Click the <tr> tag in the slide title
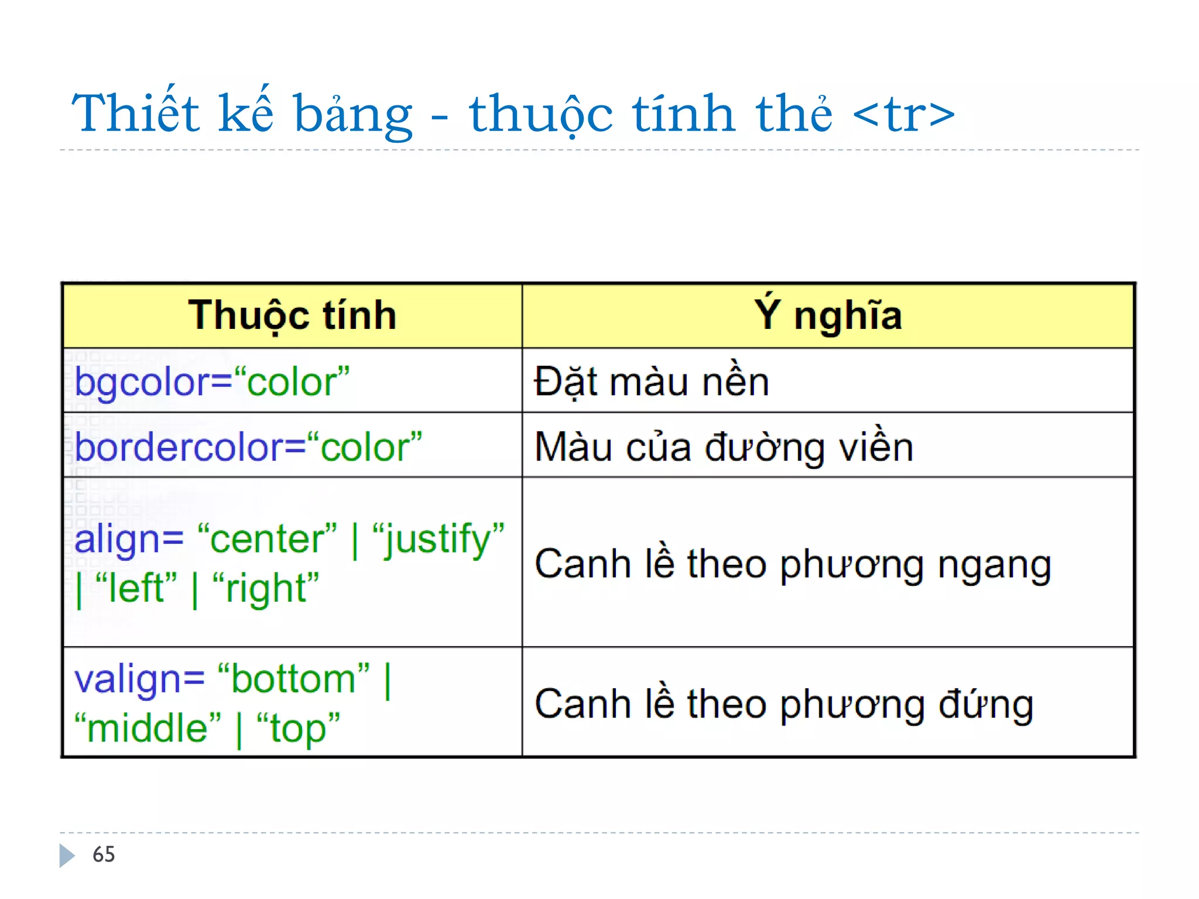click(x=904, y=114)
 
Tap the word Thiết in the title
click(x=135, y=113)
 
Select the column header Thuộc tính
click(x=292, y=316)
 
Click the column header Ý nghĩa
click(x=828, y=316)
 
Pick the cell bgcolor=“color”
click(x=212, y=382)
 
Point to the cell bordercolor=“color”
click(x=248, y=448)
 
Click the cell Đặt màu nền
click(x=651, y=382)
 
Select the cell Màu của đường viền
click(x=724, y=448)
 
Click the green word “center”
click(x=268, y=539)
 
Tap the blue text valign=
click(x=139, y=680)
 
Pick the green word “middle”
click(x=148, y=728)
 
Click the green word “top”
click(x=298, y=729)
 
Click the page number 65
click(x=104, y=855)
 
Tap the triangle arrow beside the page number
click(x=67, y=855)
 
